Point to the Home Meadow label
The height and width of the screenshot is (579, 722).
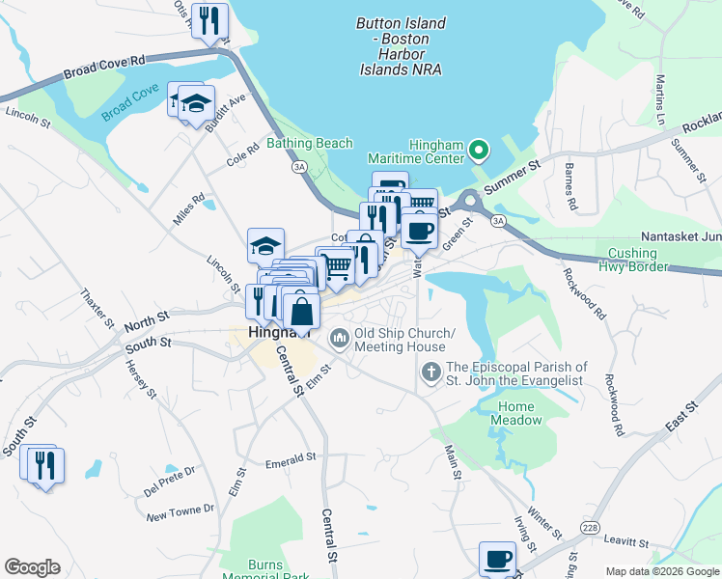516,413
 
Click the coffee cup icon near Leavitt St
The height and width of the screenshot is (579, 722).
498,559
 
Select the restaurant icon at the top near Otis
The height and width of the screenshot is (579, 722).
209,19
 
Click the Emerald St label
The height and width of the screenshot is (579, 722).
291,458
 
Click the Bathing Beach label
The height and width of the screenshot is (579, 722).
310,144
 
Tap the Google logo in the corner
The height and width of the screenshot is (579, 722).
32,567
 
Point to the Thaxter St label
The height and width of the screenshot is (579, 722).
98,309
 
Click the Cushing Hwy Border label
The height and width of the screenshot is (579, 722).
646,260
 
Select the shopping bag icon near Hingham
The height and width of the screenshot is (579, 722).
301,311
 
